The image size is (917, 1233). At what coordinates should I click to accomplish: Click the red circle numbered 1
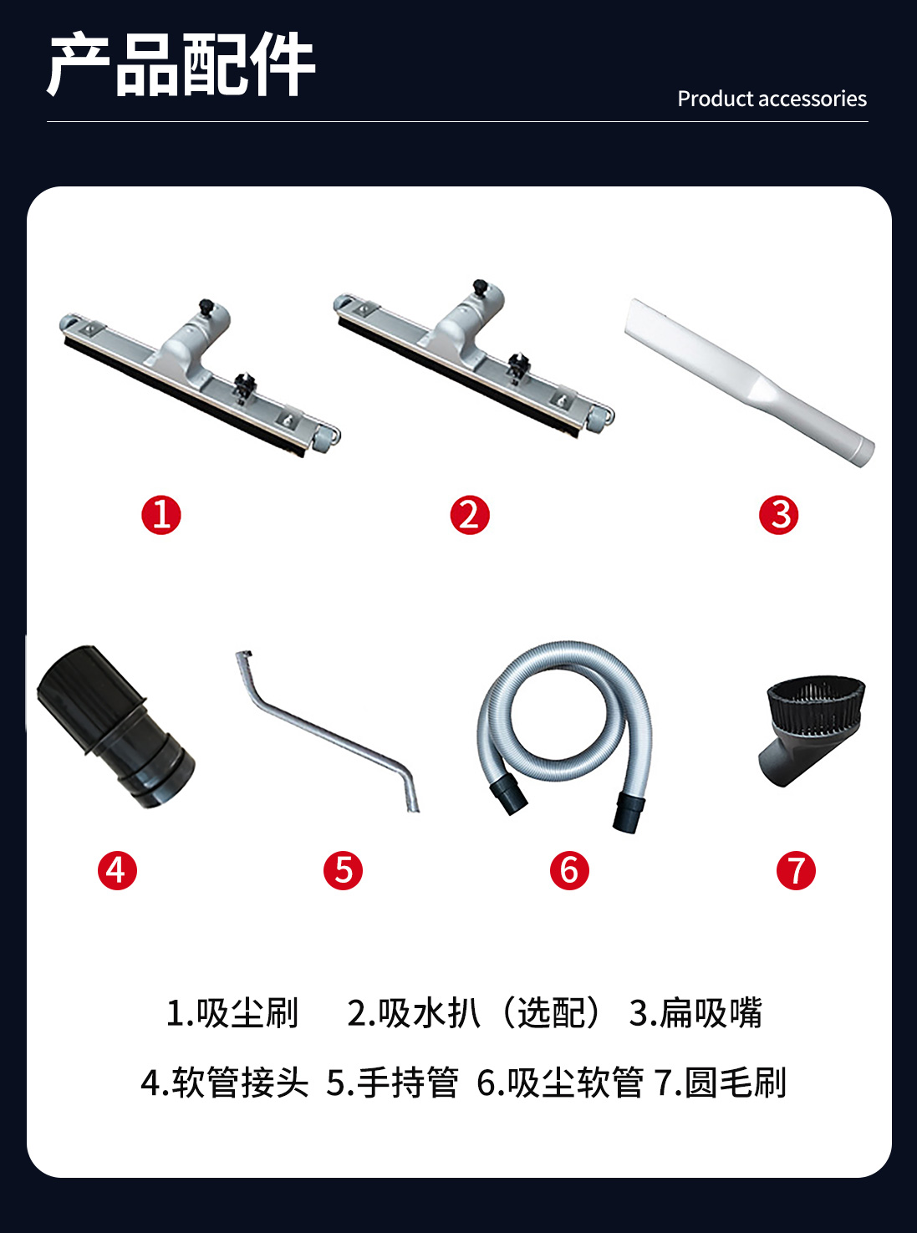161,515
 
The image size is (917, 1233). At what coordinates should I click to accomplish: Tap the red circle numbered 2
470,515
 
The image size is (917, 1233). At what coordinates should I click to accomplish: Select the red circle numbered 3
778,515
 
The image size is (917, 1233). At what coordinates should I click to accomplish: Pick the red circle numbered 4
117,870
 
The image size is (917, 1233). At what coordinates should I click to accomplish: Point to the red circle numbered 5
343,870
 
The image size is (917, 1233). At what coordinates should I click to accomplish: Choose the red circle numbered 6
569,870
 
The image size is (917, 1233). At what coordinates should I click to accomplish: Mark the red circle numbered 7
796,870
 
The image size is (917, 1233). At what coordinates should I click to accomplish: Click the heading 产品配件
181,64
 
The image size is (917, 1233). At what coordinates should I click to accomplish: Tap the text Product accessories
772,99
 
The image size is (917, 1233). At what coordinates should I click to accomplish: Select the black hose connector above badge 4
115,727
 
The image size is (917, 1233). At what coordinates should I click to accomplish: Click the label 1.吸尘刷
232,1013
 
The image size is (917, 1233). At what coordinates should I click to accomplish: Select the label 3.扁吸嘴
695,1013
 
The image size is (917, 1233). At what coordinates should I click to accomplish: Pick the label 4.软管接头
225,1083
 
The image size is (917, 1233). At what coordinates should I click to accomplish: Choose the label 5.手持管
393,1083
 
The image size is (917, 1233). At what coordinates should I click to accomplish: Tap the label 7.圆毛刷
721,1083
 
